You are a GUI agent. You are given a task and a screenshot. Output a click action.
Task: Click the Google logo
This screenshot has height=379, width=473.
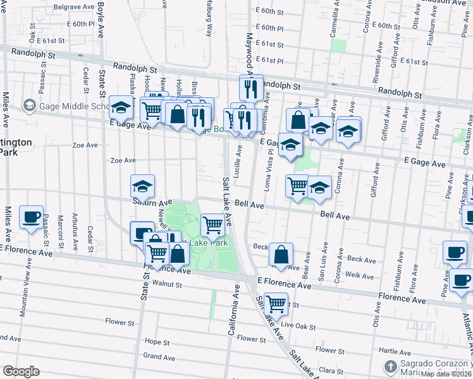pos(21,371)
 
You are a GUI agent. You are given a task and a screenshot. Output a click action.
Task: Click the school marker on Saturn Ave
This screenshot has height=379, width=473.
pos(142,186)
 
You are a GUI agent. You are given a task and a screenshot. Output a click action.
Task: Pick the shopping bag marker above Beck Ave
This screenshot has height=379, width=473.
pos(281,255)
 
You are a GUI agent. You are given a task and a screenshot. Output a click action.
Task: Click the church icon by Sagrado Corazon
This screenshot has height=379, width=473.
pos(391,366)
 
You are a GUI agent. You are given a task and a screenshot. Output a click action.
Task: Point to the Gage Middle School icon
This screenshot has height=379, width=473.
pos(28,105)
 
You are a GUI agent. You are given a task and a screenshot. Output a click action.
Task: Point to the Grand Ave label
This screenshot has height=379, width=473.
pos(155,356)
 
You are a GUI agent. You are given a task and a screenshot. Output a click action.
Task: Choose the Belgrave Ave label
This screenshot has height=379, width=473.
pos(70,7)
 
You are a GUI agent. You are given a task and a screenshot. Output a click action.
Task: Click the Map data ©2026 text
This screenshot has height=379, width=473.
pos(446,374)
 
